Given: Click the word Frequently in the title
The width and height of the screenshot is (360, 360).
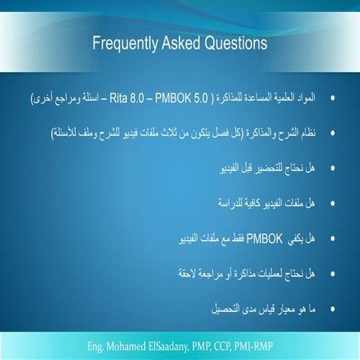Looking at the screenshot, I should (124, 44).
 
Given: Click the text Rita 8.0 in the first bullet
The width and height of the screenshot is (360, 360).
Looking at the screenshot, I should (126, 98).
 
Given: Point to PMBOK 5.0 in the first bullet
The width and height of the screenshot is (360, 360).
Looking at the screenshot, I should (166, 98).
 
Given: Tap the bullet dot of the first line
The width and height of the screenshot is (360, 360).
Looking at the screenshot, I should (332, 99).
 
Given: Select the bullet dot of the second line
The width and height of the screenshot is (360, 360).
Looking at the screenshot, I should (332, 133).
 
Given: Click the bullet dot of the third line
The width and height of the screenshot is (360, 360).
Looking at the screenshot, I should (332, 169).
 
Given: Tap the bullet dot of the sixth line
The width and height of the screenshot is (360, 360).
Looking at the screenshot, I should (332, 274).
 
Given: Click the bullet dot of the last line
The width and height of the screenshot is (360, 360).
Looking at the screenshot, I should (332, 308).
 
